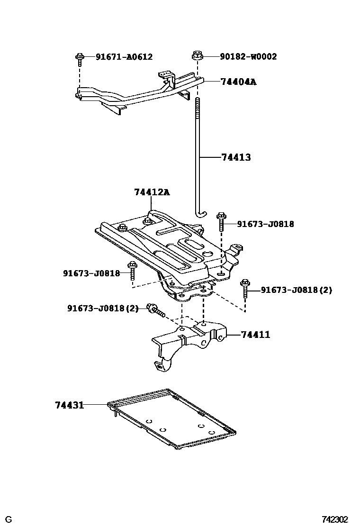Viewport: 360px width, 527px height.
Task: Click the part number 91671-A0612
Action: point(124,57)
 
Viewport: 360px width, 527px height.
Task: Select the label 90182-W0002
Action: point(248,57)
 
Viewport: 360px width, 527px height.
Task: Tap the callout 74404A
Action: point(238,82)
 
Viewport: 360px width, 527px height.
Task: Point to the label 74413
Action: point(236,157)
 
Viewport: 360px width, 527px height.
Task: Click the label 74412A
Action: point(152,192)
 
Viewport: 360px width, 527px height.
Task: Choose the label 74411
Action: point(255,335)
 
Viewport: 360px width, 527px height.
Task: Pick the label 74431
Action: point(69,405)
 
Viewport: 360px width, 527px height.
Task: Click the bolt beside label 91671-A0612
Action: point(80,60)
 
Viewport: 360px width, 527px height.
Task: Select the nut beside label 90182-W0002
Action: point(197,56)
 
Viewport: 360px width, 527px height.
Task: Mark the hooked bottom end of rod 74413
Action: point(201,214)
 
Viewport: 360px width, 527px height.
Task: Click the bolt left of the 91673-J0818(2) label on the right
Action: point(245,288)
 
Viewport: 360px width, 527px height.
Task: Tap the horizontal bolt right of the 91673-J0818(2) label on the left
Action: point(155,310)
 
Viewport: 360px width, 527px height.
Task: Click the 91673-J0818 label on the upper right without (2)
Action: point(265,224)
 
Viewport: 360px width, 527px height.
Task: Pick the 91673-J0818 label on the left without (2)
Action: point(91,273)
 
